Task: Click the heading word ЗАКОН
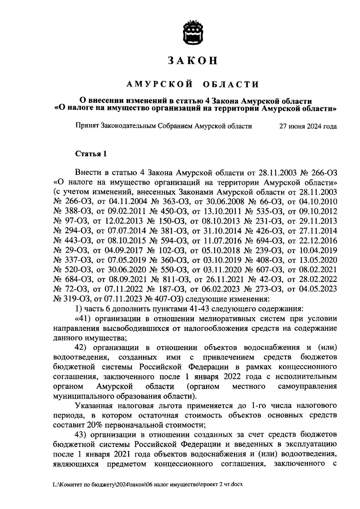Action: coord(192,61)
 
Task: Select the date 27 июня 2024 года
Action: coord(307,126)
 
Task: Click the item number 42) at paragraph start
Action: coord(80,347)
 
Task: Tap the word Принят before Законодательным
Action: coord(87,126)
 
